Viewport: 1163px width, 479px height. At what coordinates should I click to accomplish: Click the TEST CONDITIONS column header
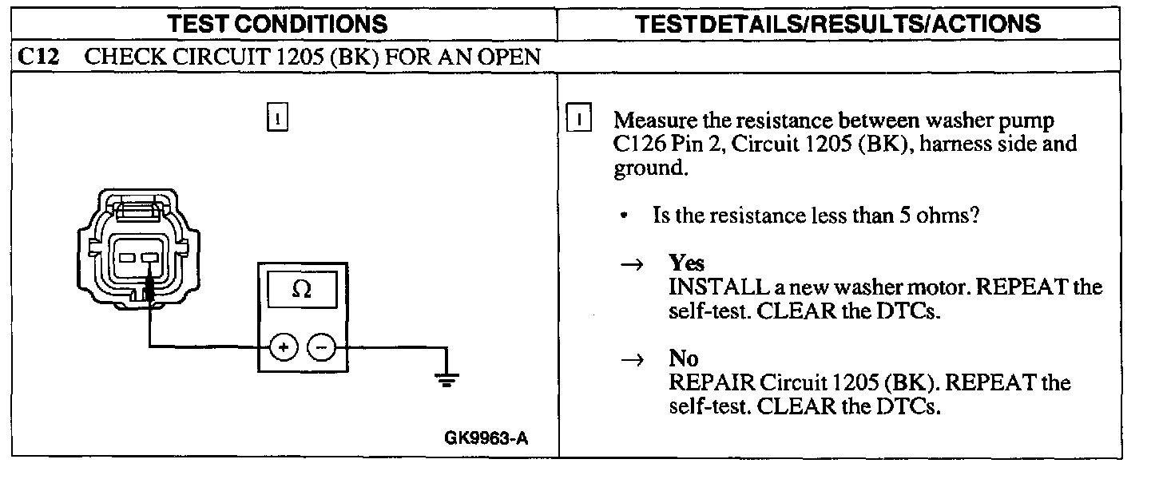[x=278, y=23]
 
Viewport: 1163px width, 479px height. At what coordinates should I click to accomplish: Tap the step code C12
[x=38, y=57]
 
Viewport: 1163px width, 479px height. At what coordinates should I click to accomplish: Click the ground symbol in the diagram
[x=447, y=378]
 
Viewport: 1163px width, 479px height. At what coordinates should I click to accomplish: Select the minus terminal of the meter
[x=321, y=347]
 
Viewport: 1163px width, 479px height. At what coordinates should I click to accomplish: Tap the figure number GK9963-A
[x=486, y=438]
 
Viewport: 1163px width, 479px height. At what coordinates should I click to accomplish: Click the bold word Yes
[x=687, y=263]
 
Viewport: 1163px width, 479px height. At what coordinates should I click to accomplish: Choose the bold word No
[x=683, y=358]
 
